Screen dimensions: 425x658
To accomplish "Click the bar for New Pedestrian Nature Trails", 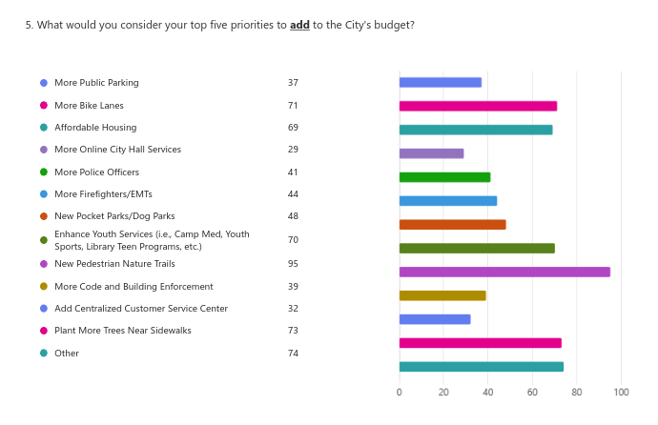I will (504, 272).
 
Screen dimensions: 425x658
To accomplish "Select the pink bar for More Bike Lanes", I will (478, 106).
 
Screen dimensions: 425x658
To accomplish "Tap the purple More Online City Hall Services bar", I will (431, 153).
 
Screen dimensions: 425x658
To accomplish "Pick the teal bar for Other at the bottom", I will (481, 367).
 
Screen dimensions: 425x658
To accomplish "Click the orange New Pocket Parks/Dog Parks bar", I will (452, 225).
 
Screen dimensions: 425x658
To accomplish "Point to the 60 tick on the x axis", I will (532, 392).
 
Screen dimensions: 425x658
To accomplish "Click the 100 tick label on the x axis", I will (621, 392).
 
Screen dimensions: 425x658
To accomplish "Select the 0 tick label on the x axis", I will (400, 392).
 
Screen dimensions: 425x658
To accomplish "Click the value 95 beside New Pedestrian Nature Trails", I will (293, 264).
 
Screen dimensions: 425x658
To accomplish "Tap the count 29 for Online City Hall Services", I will (293, 150).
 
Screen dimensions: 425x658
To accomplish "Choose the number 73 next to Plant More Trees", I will (293, 331).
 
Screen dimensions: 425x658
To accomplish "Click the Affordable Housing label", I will (95, 128).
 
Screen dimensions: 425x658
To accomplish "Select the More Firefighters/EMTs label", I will (102, 194).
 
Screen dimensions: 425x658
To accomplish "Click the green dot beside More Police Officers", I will (44, 172).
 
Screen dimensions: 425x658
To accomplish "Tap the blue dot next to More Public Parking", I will (44, 83).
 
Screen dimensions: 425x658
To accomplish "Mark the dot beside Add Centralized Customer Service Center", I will (44, 309).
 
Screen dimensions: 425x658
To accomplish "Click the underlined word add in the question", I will (299, 25).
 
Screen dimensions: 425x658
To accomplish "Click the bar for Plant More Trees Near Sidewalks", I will (480, 343).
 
